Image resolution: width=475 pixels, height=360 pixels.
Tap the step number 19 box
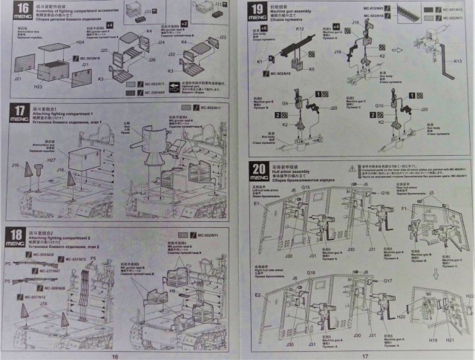click(x=257, y=13)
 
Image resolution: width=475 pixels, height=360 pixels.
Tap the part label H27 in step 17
click(x=53, y=161)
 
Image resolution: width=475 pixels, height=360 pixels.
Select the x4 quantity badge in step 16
click(x=109, y=24)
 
